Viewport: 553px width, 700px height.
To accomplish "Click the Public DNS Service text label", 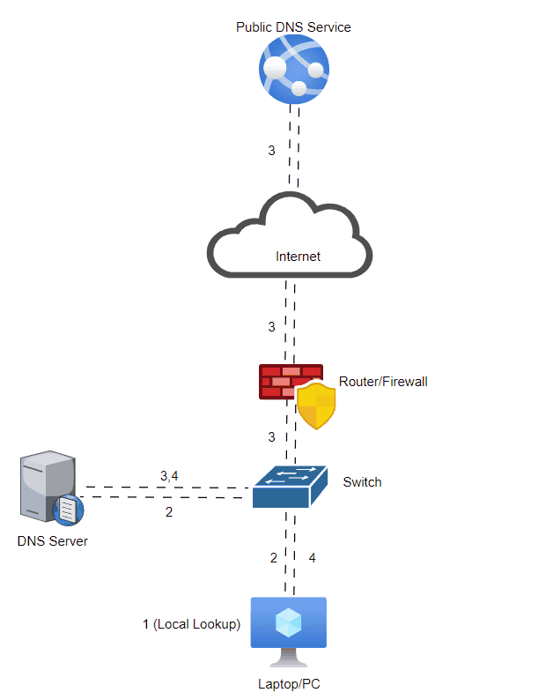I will click(293, 27).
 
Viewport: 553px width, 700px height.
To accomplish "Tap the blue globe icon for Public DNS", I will click(293, 71).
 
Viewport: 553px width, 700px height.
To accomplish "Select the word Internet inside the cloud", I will click(298, 257).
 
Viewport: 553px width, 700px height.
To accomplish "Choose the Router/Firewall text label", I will click(383, 382).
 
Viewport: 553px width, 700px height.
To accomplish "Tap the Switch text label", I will click(362, 482).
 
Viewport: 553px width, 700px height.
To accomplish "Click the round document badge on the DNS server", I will click(69, 510).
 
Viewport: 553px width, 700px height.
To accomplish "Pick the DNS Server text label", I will click(53, 540).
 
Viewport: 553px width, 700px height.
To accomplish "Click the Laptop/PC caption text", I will click(288, 683).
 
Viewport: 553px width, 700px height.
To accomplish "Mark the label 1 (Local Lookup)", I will click(191, 624).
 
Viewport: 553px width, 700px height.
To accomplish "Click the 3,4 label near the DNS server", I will click(169, 476).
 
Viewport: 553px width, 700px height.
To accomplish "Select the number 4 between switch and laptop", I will click(312, 558).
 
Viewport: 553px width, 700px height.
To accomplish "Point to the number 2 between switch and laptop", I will click(273, 558).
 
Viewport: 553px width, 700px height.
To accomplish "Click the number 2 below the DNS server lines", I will click(169, 511).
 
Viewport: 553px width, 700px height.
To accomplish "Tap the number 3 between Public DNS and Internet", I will click(272, 151).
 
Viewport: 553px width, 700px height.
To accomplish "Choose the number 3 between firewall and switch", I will click(272, 436).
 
